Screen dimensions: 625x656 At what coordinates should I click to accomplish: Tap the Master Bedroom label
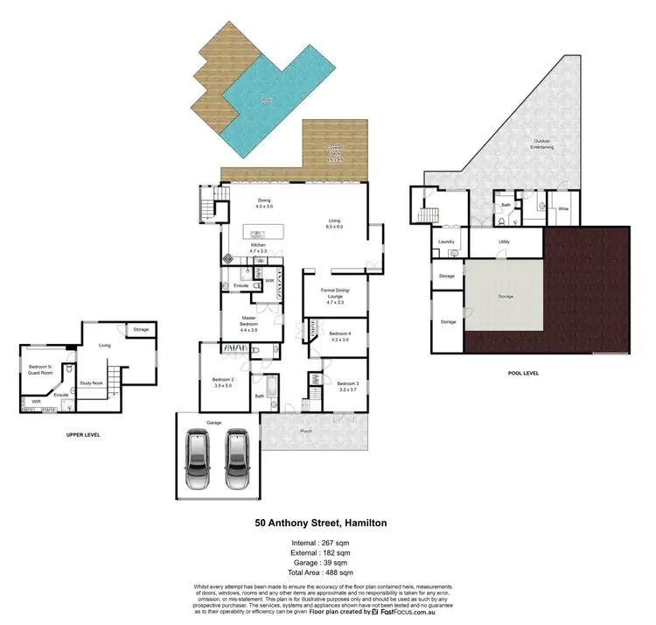pos(248,325)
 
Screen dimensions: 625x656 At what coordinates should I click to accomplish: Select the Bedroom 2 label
pos(223,382)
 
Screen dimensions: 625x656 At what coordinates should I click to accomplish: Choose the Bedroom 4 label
pos(339,336)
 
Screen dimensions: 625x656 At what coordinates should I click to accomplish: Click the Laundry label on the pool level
pos(446,241)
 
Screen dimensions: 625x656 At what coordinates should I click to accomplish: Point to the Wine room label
pos(563,209)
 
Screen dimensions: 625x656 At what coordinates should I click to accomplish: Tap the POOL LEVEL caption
pos(523,372)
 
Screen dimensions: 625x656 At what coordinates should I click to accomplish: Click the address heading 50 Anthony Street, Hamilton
pos(321,523)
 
